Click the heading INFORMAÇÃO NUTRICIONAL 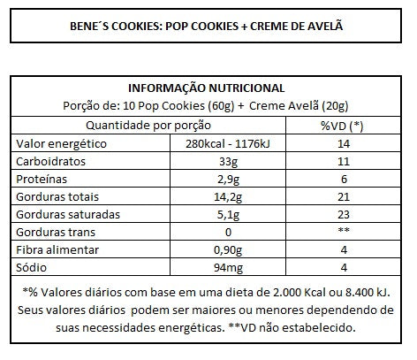[206, 88]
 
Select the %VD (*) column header [342, 126]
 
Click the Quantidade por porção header [148, 126]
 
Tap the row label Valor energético [61, 144]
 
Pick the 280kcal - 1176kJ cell [228, 143]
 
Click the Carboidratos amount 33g [228, 162]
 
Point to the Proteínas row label [42, 180]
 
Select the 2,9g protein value [228, 180]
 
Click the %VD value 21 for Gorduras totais [344, 197]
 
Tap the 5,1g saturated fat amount [228, 215]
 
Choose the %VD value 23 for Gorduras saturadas [344, 215]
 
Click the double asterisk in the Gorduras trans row [344, 230]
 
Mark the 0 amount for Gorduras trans [228, 233]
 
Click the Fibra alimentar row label [57, 250]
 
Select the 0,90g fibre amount [228, 250]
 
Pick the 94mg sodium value [228, 268]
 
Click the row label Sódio [31, 267]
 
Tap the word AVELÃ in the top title [325, 26]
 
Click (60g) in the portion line [221, 106]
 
